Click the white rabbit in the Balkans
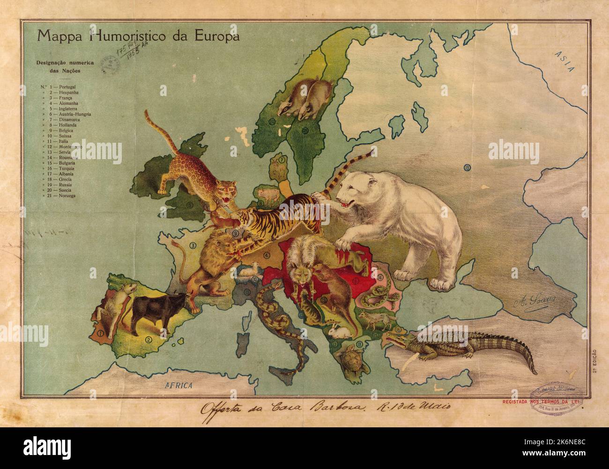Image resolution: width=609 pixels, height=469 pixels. (334, 331)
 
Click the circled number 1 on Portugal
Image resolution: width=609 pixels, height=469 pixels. (100, 333)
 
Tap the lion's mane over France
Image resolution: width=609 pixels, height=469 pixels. (213, 250)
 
